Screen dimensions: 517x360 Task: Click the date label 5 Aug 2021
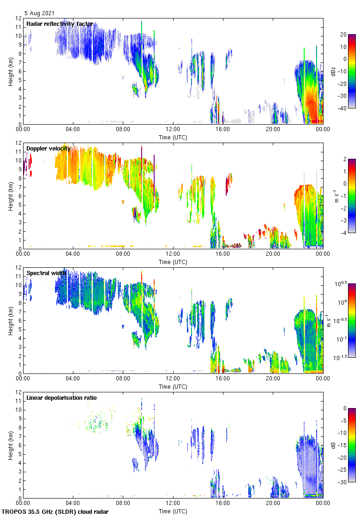[39, 14]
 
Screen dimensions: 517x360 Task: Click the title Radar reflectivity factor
[60, 24]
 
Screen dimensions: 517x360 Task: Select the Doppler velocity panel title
[48, 148]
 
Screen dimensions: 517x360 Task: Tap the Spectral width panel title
[46, 273]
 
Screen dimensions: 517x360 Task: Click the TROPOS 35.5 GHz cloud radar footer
[55, 511]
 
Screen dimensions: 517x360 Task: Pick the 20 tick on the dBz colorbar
[343, 35]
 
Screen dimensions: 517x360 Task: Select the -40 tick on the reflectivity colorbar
[343, 108]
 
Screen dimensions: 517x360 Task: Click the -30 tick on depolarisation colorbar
[343, 482]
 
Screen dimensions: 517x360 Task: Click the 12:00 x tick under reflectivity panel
[173, 130]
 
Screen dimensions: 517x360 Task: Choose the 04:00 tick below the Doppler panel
[73, 254]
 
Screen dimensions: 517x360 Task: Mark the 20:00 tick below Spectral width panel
[273, 379]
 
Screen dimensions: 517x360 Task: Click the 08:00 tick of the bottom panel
[123, 503]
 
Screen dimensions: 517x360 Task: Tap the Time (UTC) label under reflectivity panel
[173, 137]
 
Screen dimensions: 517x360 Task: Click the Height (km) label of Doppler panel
[10, 196]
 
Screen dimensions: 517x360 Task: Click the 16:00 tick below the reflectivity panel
[223, 130]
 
